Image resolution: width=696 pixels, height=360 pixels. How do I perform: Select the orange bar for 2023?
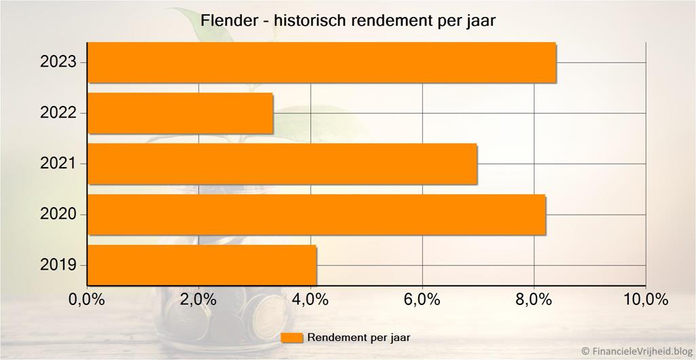coord(322,62)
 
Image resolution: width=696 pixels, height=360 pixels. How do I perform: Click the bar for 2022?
coord(181,113)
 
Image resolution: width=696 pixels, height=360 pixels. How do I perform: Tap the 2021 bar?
coord(282,164)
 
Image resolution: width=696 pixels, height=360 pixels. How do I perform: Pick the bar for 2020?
coord(316,215)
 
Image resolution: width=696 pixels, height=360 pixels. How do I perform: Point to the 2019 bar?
coord(202,265)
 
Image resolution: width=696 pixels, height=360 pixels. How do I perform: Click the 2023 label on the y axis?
coord(58,62)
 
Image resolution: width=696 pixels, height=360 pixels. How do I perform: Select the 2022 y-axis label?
coord(58,113)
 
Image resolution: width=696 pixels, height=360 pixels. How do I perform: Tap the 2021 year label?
coord(58,164)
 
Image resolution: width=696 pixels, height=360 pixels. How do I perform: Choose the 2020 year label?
coord(58,215)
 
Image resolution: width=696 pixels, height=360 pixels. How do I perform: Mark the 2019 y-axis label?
coord(58,265)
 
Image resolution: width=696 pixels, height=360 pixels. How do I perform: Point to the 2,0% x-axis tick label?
coord(198,300)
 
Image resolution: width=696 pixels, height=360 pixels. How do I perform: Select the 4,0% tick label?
coord(310,300)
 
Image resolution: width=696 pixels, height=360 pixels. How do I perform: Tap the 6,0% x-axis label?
coord(422,300)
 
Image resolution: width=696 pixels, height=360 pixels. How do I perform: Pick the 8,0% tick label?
coord(534,300)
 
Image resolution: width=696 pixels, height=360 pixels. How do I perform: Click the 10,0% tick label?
coord(645,300)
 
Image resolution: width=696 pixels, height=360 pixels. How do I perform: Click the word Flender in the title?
coord(227,21)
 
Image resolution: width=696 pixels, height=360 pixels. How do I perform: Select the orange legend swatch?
coord(292,338)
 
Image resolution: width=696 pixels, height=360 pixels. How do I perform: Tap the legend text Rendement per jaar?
coord(359,338)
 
